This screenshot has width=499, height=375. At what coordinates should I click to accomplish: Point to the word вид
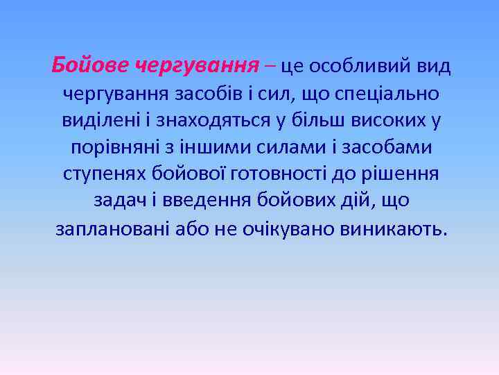tap(432, 66)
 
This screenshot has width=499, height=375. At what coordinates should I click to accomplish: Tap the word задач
tap(116, 201)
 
